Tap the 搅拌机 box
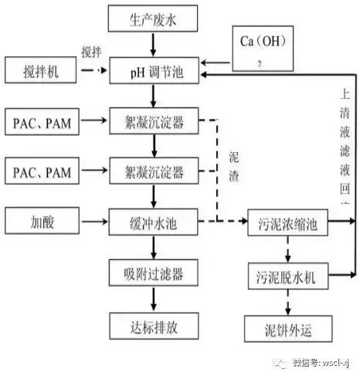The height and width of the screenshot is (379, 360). [x=41, y=73]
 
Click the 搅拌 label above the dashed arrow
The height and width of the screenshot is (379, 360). [x=91, y=52]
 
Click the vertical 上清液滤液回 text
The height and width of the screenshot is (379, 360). [x=345, y=154]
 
